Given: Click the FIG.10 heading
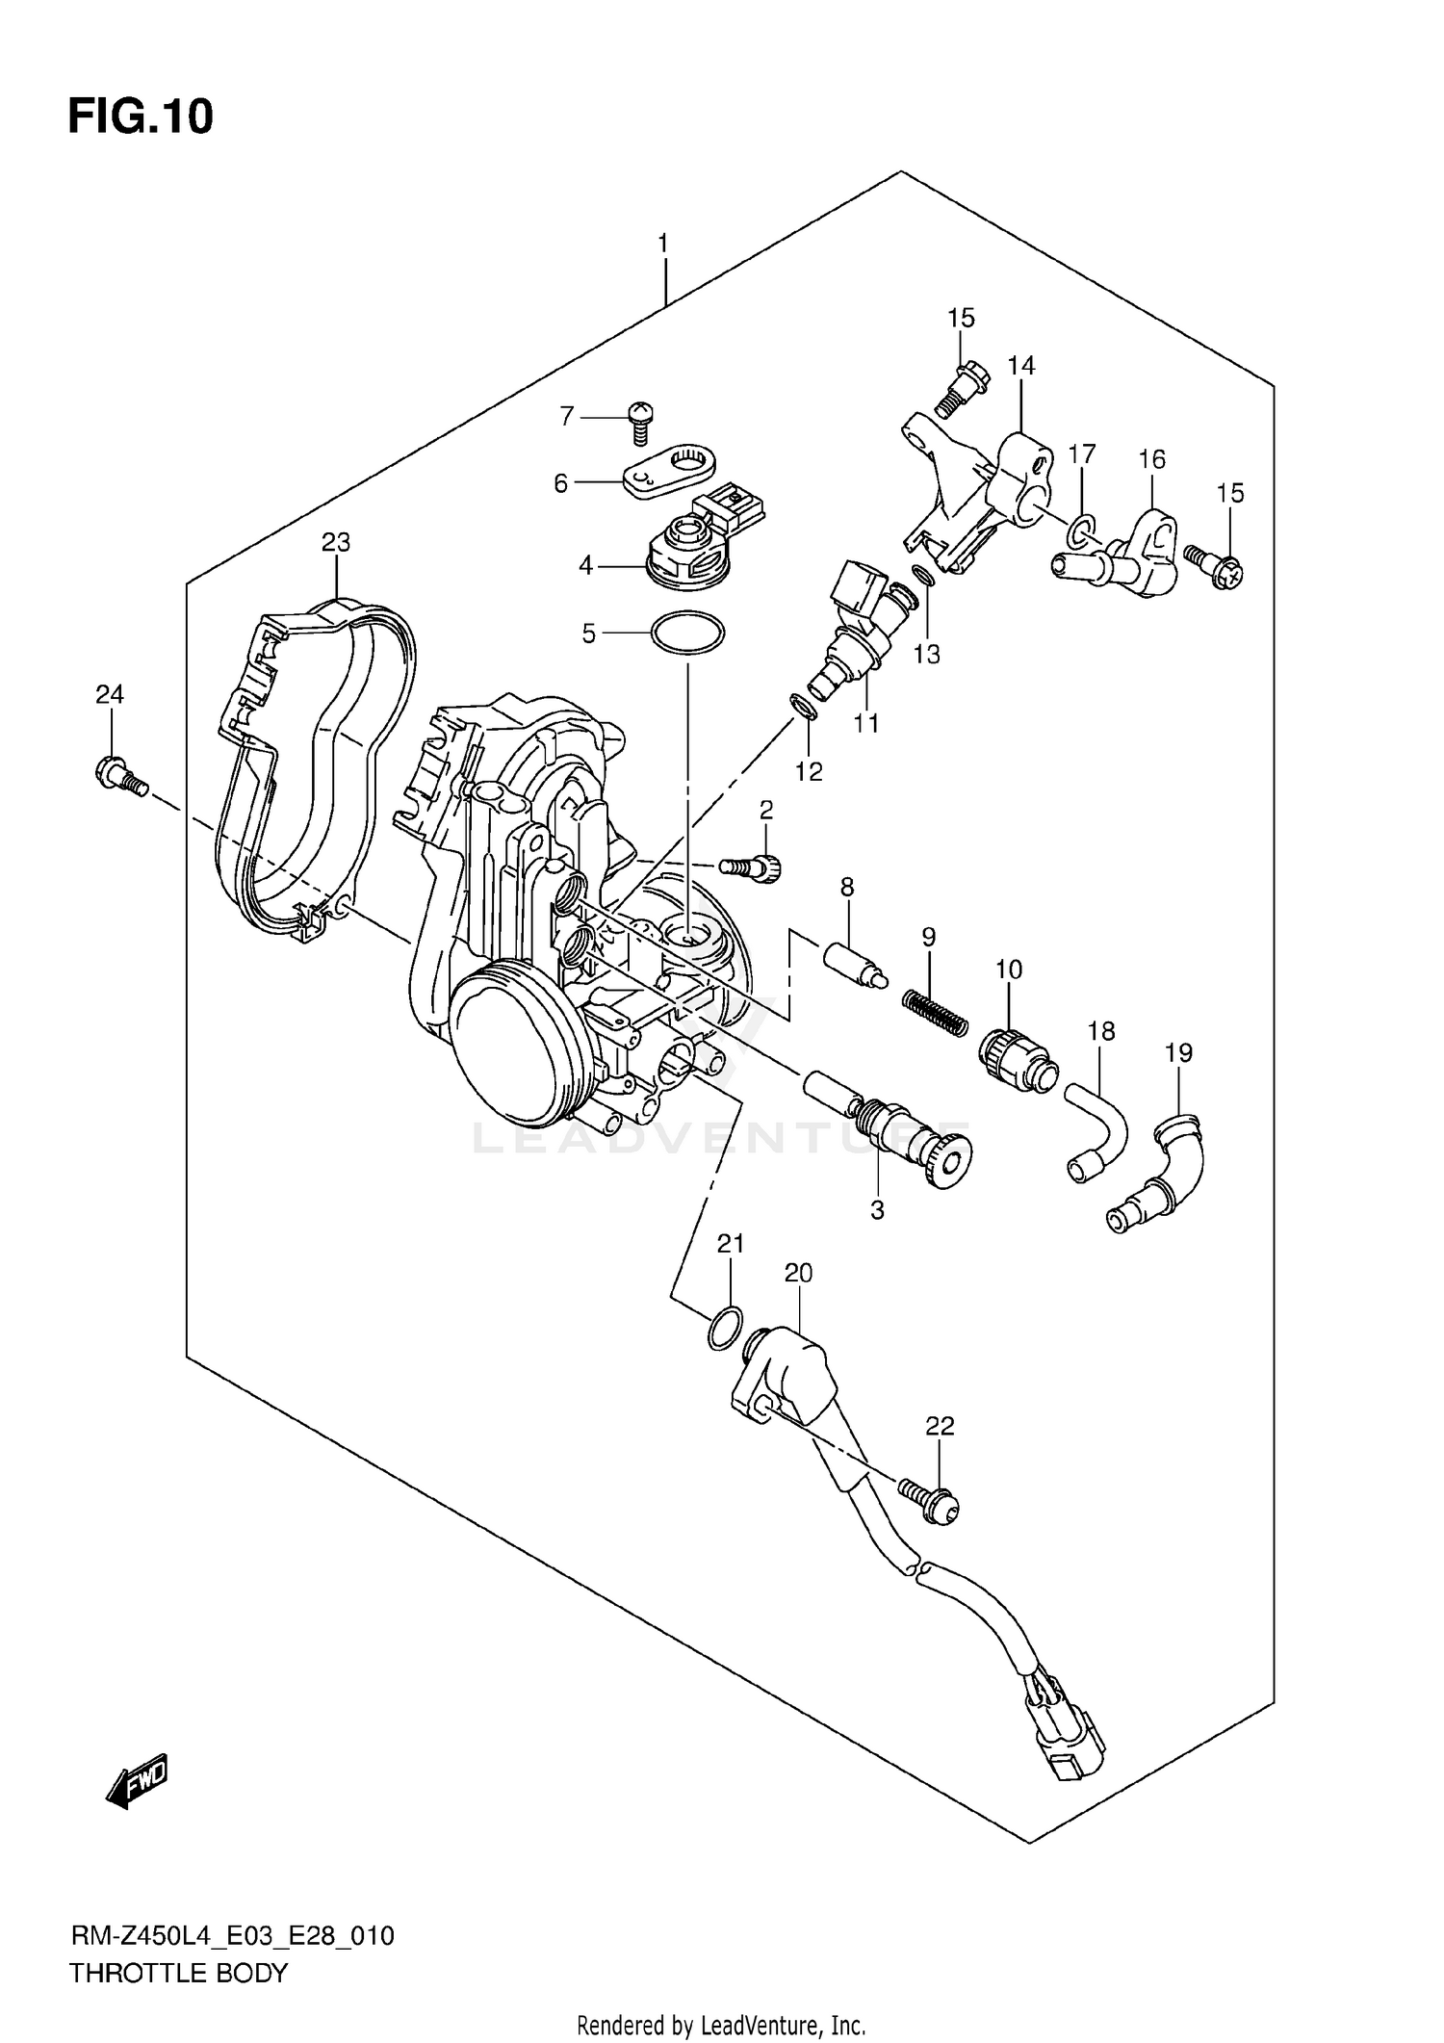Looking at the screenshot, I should click(x=141, y=117).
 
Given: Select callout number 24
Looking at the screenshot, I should click(x=110, y=693).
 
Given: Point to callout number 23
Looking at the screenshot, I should click(x=335, y=542).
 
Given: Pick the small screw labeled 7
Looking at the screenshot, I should click(x=637, y=421).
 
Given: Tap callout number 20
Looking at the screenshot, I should click(x=798, y=1273).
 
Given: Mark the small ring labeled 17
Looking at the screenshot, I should click(x=1082, y=527).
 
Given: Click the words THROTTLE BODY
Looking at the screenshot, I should click(x=178, y=1973).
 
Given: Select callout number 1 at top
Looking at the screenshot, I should click(x=663, y=244).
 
